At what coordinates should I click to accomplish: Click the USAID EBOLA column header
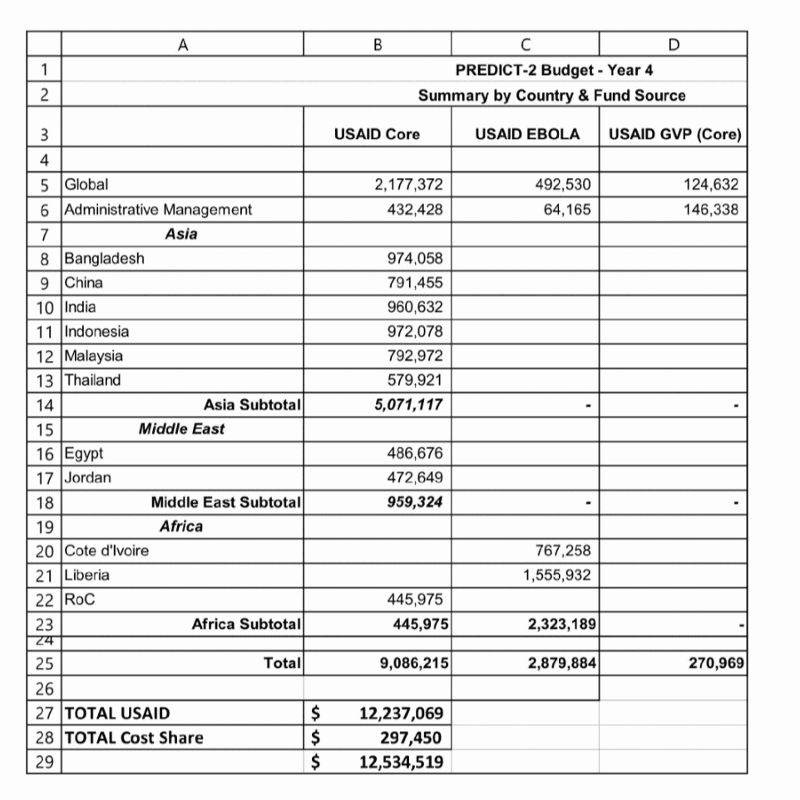coord(527,134)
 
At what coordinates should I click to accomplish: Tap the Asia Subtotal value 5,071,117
coord(408,405)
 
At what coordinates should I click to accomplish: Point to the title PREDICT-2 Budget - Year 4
coord(555,71)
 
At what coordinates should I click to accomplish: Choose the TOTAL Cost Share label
coord(134,738)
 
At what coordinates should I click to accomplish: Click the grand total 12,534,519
coord(401,762)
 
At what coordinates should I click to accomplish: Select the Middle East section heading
coord(181,429)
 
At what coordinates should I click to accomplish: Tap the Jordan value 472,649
coord(416,478)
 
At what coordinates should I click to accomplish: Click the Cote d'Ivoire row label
coord(107,551)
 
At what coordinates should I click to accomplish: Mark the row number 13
coord(45,381)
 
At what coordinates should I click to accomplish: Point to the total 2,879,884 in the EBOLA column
coord(561,664)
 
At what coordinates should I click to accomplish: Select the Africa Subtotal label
coord(246,624)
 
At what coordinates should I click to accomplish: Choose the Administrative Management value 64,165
coord(568,210)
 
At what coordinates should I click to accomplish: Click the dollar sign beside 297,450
coord(315,738)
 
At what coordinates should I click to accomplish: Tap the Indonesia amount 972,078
coord(416,332)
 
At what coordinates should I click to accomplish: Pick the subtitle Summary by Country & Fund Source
coord(551,96)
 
